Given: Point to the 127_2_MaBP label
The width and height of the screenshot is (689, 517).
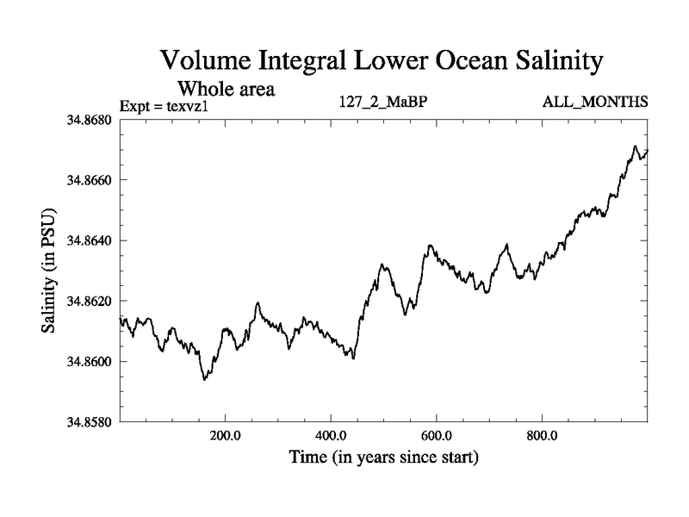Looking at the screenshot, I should click(384, 103).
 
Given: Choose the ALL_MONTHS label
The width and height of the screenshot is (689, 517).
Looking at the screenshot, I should click(594, 103).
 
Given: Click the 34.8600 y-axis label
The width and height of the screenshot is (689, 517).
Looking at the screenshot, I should click(90, 361).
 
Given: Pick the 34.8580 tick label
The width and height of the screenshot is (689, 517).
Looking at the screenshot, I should click(90, 421).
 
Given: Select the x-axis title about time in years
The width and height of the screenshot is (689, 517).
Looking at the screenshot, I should click(383, 457).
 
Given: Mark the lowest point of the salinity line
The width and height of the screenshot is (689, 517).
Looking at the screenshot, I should click(204, 379).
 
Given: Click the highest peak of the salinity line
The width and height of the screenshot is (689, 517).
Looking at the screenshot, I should click(635, 146).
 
